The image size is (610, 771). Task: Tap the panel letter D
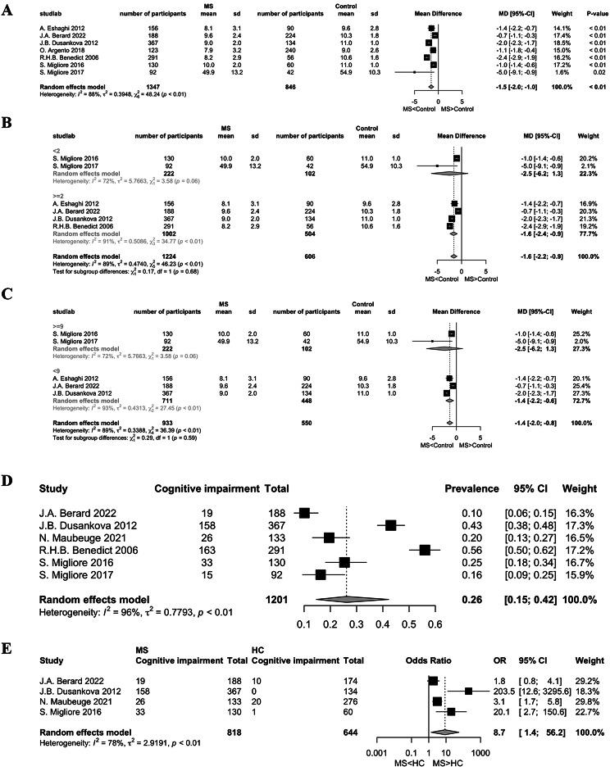click(9, 474)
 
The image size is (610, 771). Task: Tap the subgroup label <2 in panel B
click(32, 151)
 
